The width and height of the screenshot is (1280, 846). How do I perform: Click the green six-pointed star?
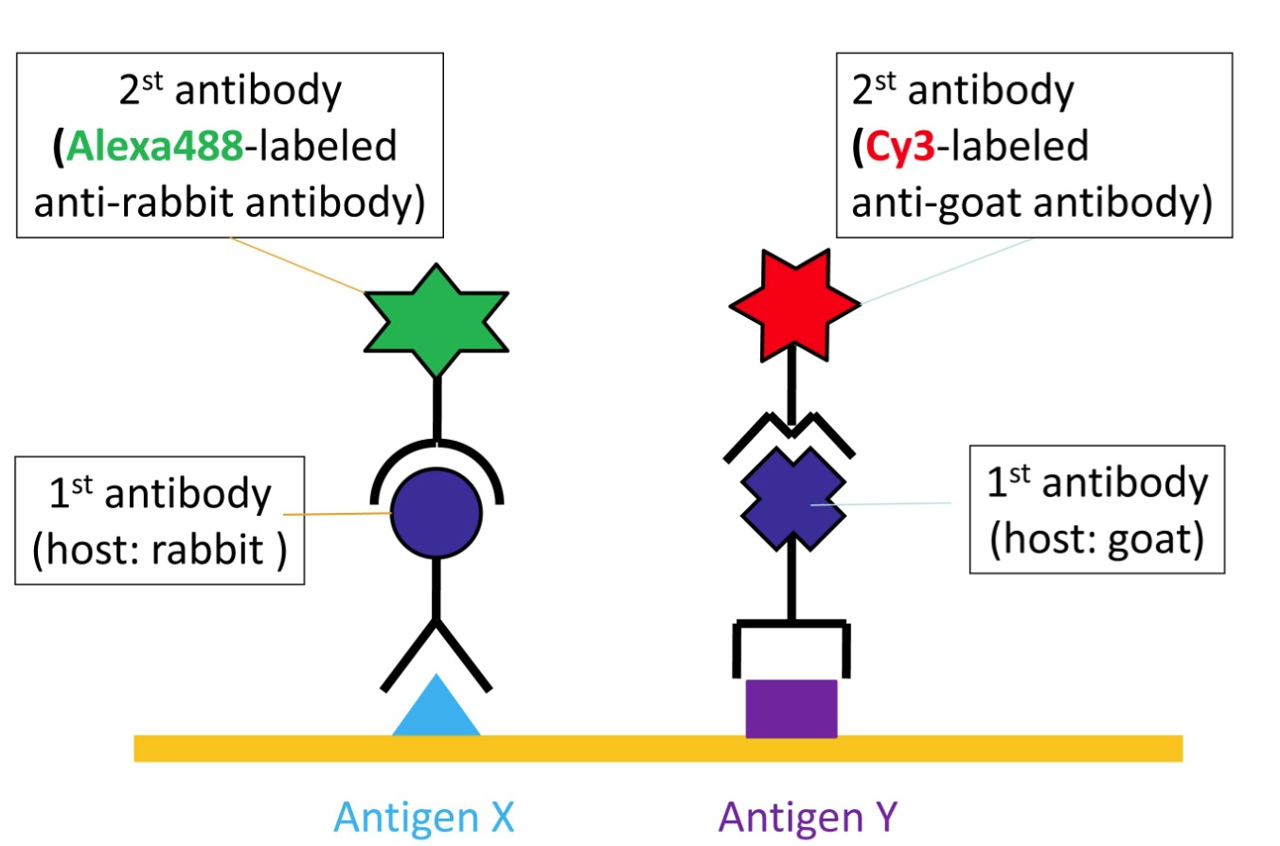click(x=436, y=322)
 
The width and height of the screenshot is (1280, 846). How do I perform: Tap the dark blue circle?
click(x=436, y=515)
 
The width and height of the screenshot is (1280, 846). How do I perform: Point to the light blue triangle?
click(x=436, y=710)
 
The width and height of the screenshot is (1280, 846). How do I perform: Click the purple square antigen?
click(x=791, y=708)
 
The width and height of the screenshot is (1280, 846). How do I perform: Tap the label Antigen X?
click(x=425, y=817)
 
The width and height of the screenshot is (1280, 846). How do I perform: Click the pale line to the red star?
click(x=947, y=270)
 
